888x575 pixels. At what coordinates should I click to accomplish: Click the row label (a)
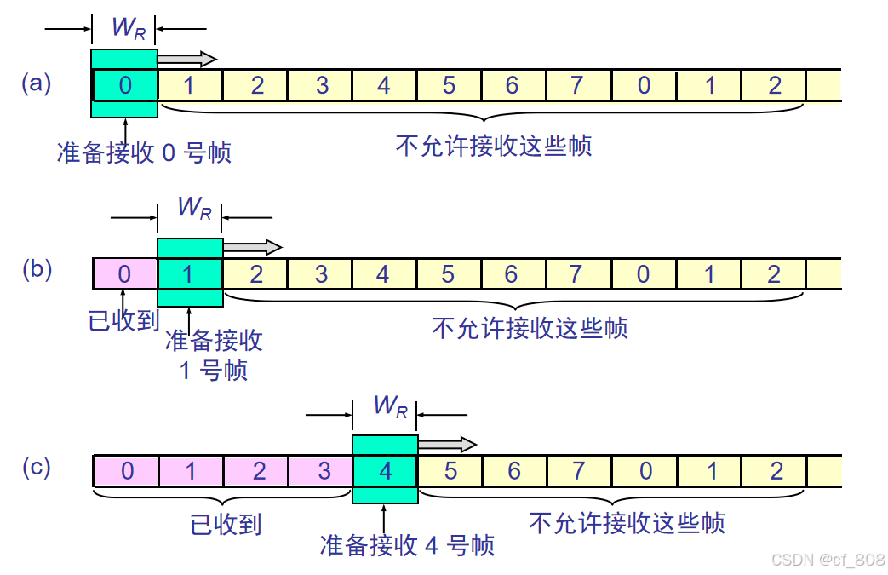point(37,83)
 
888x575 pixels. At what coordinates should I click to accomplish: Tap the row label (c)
point(37,467)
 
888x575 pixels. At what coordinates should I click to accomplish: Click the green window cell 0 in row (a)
point(125,84)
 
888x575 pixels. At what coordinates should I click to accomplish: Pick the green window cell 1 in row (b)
point(190,273)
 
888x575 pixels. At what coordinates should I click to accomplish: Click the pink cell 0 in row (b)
point(125,273)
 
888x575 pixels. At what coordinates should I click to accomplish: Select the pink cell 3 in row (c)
point(320,471)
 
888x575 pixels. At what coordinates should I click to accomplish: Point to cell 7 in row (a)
point(578,85)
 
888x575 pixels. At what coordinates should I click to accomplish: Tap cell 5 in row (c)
point(450,471)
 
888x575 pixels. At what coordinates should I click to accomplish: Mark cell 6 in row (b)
point(511,273)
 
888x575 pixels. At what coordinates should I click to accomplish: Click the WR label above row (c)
point(391,406)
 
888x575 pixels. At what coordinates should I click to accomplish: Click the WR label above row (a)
point(129,27)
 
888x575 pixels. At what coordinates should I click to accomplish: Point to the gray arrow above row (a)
point(186,58)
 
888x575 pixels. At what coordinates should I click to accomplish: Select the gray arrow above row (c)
point(446,444)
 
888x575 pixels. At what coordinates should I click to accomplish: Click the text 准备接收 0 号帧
point(144,152)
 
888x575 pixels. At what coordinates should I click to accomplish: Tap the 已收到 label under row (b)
point(124,320)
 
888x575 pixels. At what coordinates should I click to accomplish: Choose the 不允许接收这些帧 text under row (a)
point(494,146)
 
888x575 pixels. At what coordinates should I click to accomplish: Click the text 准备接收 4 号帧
point(407,545)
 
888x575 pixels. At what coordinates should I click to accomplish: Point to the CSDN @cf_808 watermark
point(828,559)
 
